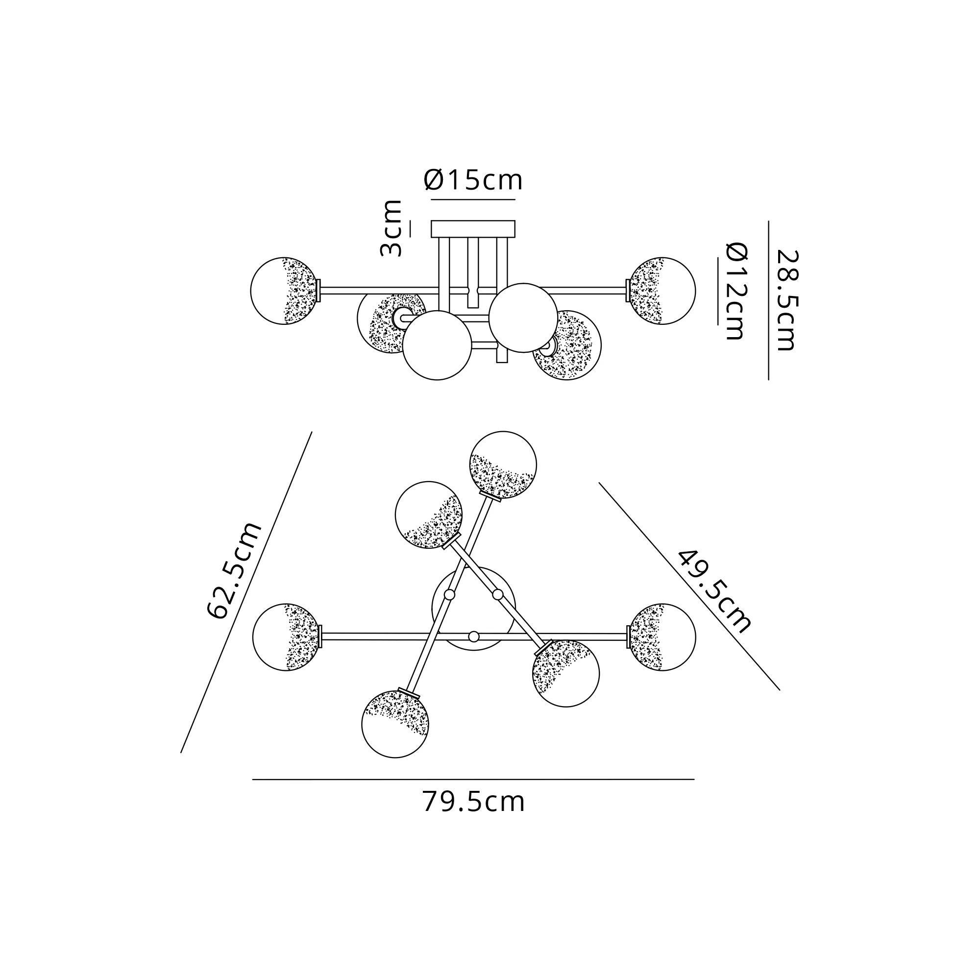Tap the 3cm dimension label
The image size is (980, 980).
(392, 228)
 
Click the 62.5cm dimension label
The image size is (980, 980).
(235, 570)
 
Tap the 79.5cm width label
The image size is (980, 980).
(473, 802)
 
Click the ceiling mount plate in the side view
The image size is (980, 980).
(473, 229)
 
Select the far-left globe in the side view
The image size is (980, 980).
(285, 291)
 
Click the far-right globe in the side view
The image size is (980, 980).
(662, 291)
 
